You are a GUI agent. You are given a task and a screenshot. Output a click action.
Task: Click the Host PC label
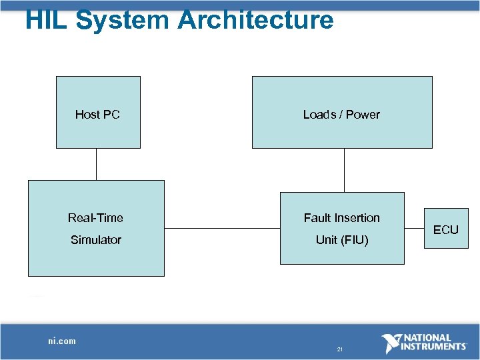(97, 115)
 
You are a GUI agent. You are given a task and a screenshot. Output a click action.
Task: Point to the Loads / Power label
(341, 115)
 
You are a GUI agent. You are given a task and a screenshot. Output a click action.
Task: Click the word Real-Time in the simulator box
(95, 218)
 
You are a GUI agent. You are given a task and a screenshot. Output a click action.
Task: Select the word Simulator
(96, 240)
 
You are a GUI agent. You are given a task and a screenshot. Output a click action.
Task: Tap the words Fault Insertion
(341, 218)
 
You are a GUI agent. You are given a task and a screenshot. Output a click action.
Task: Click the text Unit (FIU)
(341, 240)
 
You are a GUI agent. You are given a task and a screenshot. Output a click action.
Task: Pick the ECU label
(446, 230)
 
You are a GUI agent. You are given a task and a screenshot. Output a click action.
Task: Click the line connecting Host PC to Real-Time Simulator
(97, 164)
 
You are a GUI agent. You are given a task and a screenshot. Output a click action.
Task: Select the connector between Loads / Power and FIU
(344, 170)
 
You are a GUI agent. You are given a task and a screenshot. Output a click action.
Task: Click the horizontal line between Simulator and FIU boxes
(222, 229)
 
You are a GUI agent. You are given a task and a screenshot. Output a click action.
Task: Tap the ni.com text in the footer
(62, 341)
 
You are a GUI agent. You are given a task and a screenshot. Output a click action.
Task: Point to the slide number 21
(340, 349)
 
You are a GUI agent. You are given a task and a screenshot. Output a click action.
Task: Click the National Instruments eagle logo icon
(391, 343)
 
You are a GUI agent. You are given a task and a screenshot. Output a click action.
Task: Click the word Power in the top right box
(363, 115)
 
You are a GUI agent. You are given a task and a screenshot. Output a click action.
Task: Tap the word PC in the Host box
(111, 115)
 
